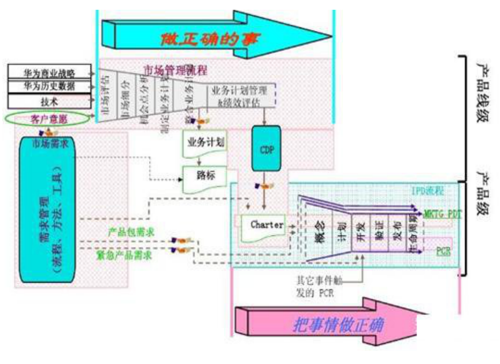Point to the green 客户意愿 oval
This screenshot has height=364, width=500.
tap(47, 118)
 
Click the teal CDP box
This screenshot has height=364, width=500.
tap(266, 149)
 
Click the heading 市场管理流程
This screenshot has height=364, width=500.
tap(175, 70)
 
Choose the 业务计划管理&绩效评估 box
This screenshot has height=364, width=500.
tap(239, 96)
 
